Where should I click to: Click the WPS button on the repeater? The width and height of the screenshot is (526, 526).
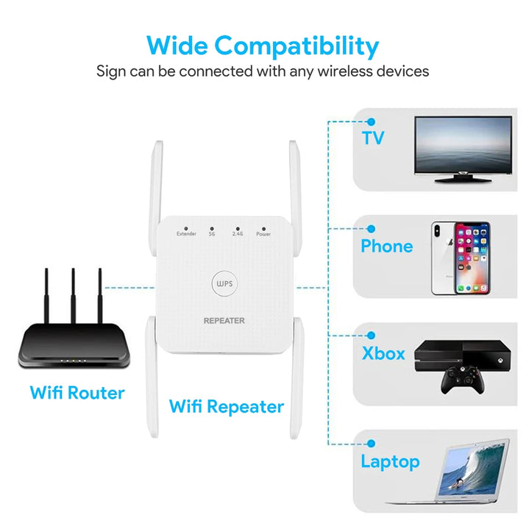224,283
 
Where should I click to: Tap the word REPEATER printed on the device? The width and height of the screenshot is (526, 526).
224,321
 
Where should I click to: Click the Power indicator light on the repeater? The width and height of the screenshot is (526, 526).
263,229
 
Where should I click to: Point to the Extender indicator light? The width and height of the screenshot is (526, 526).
186,229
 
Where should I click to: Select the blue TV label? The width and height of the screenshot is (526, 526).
373,138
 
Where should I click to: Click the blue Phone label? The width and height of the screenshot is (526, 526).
387,246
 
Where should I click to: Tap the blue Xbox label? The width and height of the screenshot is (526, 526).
383,353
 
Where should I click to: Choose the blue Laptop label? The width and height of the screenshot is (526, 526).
390,462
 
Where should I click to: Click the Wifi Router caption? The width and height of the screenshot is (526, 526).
77,393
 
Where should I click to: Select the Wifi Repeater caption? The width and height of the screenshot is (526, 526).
227,407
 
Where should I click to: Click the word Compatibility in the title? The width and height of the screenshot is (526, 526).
296,46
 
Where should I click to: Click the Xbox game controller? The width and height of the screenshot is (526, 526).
463,380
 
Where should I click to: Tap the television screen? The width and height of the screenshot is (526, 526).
463,145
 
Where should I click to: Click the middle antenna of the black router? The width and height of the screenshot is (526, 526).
73,296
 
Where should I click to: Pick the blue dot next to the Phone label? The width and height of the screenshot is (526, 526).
371,229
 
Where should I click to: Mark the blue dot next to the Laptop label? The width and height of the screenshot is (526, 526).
371,444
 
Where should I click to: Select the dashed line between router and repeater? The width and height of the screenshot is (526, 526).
129,288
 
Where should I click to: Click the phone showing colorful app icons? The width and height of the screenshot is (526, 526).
472,258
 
